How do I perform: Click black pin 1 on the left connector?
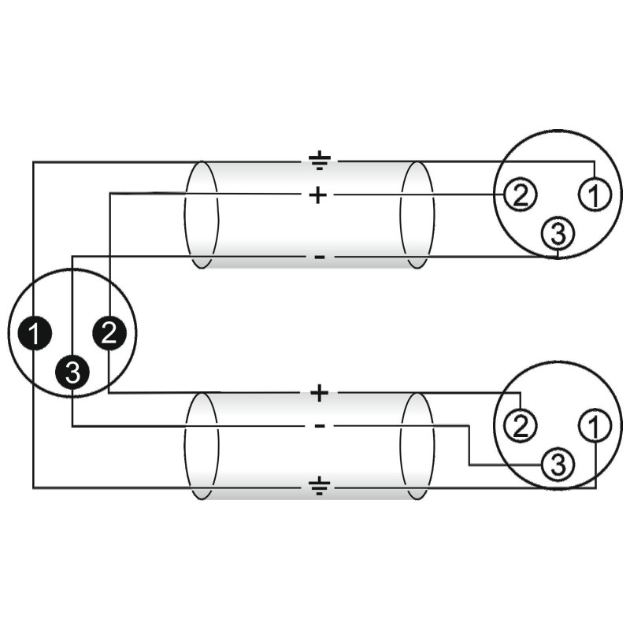[x=35, y=333]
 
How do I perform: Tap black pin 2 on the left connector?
[x=109, y=333]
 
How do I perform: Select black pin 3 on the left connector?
[x=72, y=372]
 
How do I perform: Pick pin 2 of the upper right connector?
[x=519, y=195]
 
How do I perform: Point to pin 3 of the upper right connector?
[x=558, y=233]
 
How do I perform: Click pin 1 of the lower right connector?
[x=595, y=426]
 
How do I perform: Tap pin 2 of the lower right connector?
[x=519, y=426]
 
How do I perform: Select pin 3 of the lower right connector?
[x=558, y=465]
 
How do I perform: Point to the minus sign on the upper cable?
[x=318, y=258]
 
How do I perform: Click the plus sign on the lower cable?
[x=318, y=393]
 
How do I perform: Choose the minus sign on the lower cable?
[x=318, y=427]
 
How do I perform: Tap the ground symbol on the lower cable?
[x=318, y=488]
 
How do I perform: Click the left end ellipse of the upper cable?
[x=201, y=214]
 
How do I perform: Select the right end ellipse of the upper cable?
[x=417, y=214]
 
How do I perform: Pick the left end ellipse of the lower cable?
[x=201, y=446]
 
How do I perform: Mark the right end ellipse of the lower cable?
[x=417, y=446]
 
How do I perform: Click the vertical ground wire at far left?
[x=33, y=236]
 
